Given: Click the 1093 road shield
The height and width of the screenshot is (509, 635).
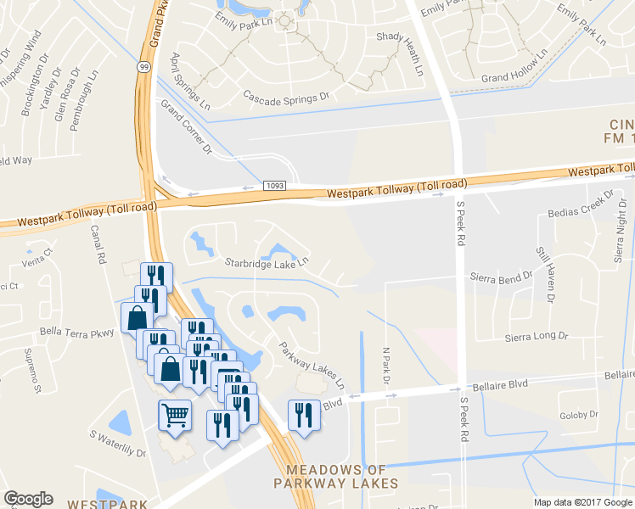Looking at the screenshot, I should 273,185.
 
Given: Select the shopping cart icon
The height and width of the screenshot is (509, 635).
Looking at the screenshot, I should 175,416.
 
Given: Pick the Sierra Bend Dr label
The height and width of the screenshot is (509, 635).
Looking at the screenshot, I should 502,277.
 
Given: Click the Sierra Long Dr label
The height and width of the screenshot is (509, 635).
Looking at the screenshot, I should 537,337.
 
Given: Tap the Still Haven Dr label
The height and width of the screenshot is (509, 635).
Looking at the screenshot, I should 544,273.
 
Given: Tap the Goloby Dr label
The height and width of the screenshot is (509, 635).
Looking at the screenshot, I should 579,416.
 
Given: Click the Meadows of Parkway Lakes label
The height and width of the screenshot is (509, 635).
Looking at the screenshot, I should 336,476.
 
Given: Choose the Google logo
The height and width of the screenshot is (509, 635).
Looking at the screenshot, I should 28,499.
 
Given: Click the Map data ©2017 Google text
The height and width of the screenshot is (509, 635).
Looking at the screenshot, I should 582,502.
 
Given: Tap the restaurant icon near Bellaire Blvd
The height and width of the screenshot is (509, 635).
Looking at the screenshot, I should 304,415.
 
